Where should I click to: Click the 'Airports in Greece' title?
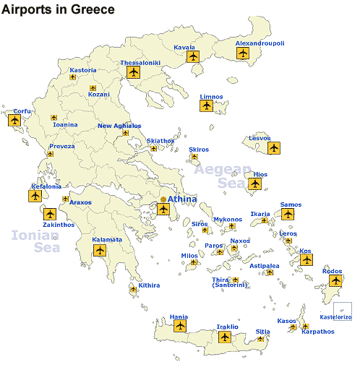point(59,9)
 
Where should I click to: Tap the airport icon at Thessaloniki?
point(133,72)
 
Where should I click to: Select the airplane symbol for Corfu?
point(14,121)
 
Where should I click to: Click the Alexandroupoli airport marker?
point(242,53)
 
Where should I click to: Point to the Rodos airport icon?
point(335,280)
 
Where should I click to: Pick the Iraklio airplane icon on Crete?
point(224,337)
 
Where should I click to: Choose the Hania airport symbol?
point(179,327)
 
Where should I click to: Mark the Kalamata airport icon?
point(100,251)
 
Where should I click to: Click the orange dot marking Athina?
point(163,199)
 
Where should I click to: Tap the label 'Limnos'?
point(211,97)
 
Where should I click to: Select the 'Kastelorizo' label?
point(335,317)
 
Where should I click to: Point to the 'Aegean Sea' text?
point(223,176)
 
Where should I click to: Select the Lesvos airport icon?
point(273,147)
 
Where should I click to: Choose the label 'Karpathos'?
point(318,332)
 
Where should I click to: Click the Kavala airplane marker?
point(192,56)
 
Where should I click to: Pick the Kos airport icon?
point(307,259)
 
